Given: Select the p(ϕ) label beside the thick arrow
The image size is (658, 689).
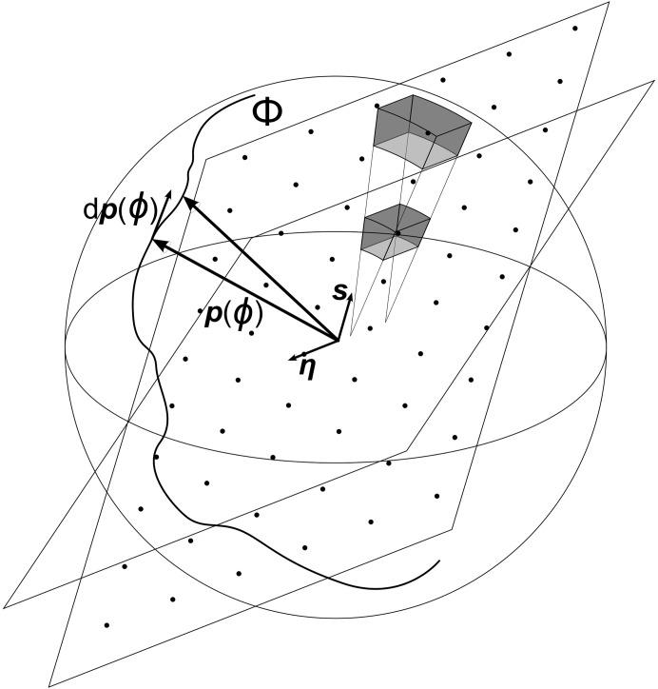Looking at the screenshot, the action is click(234, 315).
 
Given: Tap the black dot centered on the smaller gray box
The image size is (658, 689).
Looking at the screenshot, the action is click(397, 233).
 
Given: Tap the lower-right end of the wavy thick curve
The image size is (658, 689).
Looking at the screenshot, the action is click(439, 562).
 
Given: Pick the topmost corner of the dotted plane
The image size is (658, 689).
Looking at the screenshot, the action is click(610, 3).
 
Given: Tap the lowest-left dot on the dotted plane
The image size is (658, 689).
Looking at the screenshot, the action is click(107, 624).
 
